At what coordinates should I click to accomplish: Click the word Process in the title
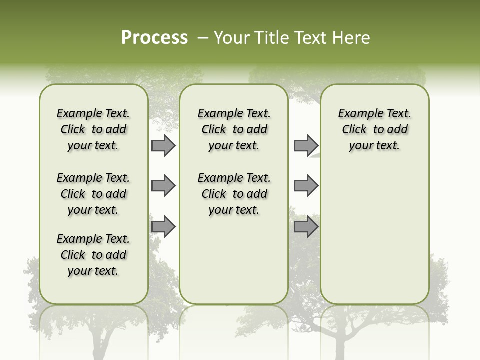[x=154, y=38]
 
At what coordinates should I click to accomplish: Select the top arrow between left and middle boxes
[x=163, y=145]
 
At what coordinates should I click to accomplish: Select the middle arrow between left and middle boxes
[x=163, y=186]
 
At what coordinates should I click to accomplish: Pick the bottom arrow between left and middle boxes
[x=163, y=226]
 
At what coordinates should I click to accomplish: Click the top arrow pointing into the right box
[x=306, y=145]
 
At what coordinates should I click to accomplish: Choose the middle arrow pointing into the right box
[x=306, y=186]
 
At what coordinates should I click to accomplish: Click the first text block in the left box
[x=93, y=129]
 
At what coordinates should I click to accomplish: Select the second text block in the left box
[x=93, y=194]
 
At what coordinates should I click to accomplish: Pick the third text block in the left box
[x=93, y=255]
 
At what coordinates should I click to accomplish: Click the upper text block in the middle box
[x=234, y=129]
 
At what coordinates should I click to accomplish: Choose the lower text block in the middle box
[x=234, y=194]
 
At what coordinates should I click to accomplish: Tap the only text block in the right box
[x=374, y=129]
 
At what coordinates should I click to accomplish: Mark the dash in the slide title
[x=203, y=38]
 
